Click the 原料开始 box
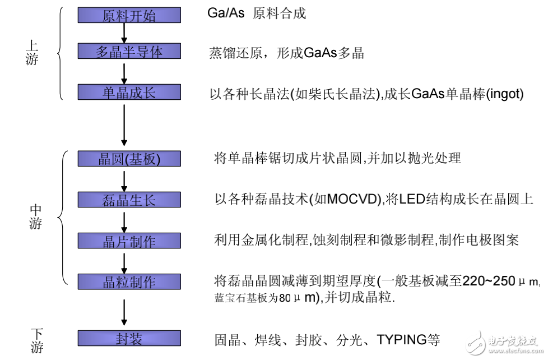(x=129, y=15)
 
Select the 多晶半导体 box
(x=129, y=51)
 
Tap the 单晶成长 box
(x=129, y=92)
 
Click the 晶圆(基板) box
(x=129, y=159)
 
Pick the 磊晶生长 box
(x=129, y=200)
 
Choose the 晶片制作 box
(x=129, y=241)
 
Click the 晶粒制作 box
(x=129, y=281)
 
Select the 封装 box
(x=129, y=338)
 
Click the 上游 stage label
(x=32, y=52)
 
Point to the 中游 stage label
(x=35, y=216)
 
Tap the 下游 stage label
(x=36, y=340)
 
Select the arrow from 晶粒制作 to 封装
(x=124, y=310)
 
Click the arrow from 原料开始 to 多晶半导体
(x=124, y=33)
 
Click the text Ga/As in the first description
(x=226, y=13)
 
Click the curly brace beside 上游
(x=60, y=53)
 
